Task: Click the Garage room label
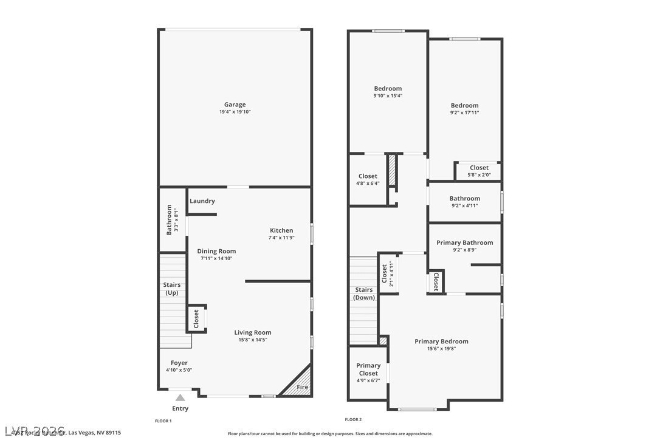(235, 105)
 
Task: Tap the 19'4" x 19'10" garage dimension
(235, 112)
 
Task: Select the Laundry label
(202, 201)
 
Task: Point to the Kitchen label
(281, 230)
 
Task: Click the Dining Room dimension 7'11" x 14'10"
(216, 258)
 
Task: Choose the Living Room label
(253, 332)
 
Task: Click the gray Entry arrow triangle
(180, 397)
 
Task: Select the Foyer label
(179, 363)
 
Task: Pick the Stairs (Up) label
(172, 289)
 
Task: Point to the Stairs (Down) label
(364, 294)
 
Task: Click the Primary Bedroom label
(441, 342)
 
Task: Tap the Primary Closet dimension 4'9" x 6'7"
(368, 380)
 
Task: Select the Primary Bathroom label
(464, 242)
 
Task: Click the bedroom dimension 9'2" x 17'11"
(464, 112)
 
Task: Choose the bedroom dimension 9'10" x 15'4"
(388, 95)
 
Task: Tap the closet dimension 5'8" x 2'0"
(478, 175)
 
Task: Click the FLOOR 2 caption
(353, 419)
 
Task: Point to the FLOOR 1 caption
(163, 421)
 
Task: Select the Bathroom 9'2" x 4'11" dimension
(464, 205)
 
